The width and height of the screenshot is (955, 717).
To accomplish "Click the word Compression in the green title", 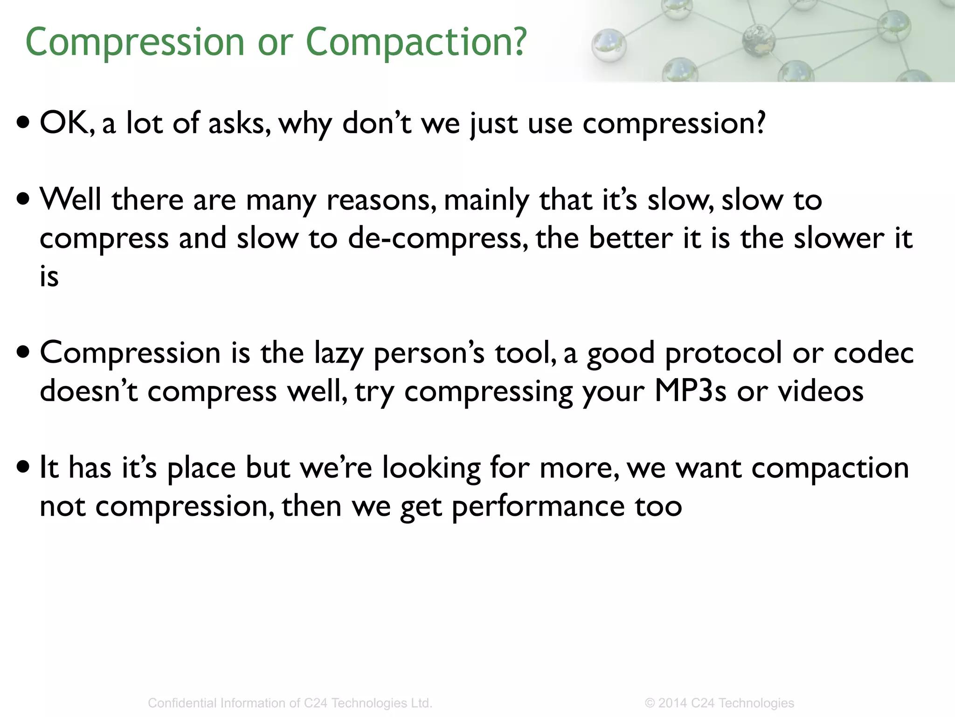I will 135,42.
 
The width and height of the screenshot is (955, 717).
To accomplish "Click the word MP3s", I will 690,391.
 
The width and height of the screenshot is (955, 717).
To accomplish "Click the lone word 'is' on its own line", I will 49,276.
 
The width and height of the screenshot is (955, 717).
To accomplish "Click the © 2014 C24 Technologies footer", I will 719,703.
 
